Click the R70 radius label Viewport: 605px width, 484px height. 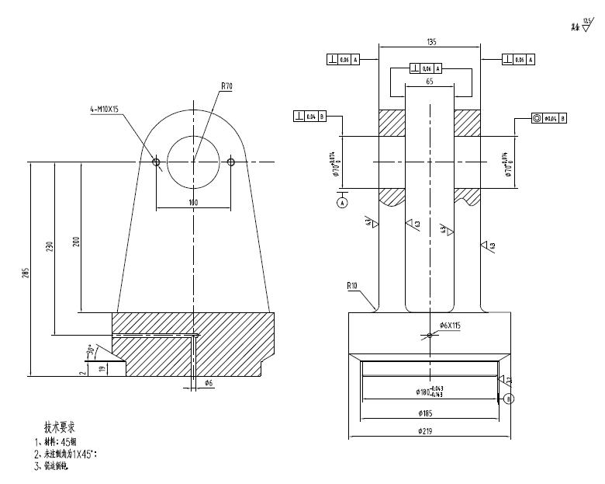(x=226, y=87)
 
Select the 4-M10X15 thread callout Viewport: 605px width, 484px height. (x=104, y=110)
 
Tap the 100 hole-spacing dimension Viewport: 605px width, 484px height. (x=193, y=203)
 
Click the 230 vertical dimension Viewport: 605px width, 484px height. (x=50, y=247)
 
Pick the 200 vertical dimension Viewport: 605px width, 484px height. (x=76, y=242)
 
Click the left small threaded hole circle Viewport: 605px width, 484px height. (x=156, y=162)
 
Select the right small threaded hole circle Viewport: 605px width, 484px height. (x=231, y=162)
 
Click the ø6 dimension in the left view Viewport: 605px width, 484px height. (x=209, y=383)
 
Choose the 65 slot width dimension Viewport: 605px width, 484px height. (x=430, y=81)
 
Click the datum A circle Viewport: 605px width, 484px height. (x=343, y=202)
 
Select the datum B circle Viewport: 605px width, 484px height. (x=509, y=399)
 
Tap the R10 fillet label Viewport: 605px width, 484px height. (x=353, y=286)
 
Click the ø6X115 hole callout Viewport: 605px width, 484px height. (x=450, y=326)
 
